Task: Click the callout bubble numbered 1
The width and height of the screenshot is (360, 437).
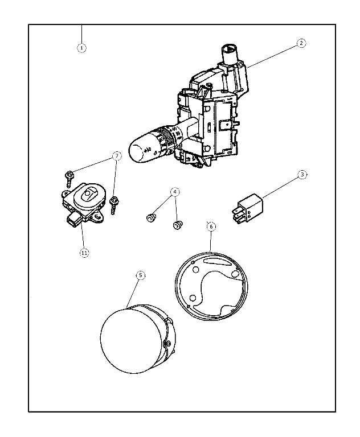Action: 81,47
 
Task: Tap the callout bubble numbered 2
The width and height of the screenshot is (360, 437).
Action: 301,43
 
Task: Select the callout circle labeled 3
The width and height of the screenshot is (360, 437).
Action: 302,175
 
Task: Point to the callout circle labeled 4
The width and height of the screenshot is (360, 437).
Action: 175,192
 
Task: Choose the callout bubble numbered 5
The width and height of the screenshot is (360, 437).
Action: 141,275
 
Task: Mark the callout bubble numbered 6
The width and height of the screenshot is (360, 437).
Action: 211,226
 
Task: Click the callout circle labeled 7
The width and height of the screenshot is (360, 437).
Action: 117,155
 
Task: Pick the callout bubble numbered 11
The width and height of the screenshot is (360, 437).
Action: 84,253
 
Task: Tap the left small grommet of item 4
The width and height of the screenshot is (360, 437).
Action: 152,218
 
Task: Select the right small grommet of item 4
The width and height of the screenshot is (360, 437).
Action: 178,225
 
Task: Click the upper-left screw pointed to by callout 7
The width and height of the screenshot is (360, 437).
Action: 69,177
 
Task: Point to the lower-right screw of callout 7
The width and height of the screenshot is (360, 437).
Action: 114,203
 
